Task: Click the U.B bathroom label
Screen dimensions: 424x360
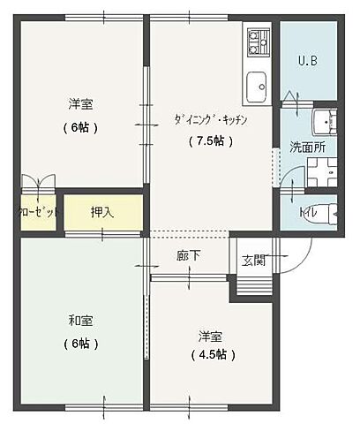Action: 308,61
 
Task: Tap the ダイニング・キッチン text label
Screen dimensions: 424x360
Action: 210,120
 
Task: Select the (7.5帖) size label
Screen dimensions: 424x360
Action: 210,140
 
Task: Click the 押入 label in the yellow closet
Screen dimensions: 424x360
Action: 102,212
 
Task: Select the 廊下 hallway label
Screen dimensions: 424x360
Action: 188,256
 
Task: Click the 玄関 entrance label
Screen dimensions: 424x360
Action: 254,261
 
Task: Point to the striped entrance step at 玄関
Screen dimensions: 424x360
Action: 254,284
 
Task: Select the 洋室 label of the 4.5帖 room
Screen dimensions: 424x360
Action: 210,335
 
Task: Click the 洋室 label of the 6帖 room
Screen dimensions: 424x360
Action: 80,104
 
